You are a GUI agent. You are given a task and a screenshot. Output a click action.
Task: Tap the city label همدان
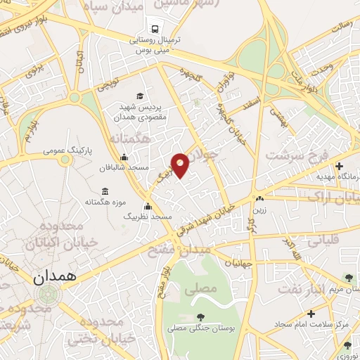coord(53,277)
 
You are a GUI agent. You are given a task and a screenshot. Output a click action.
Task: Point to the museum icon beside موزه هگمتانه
coord(105,192)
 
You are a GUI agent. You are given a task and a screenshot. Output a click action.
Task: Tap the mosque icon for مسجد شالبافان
coord(124,157)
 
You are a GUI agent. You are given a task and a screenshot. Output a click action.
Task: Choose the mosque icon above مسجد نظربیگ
coord(148,207)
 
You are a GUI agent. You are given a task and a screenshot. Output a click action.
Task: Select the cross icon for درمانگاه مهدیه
coord(340,166)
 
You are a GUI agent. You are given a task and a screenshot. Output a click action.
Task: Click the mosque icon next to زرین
coord(260,199)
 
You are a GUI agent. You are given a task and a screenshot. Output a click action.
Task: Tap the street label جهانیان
coord(239,262)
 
